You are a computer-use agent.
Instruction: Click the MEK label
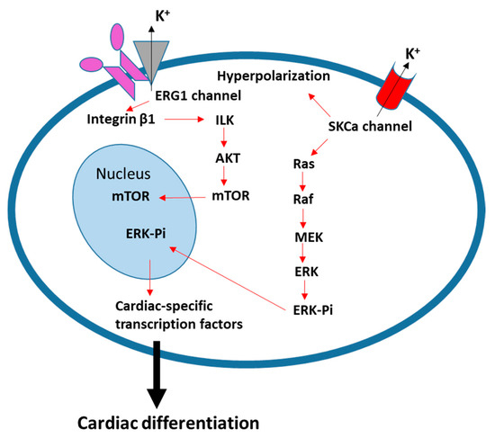[x=310, y=237]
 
